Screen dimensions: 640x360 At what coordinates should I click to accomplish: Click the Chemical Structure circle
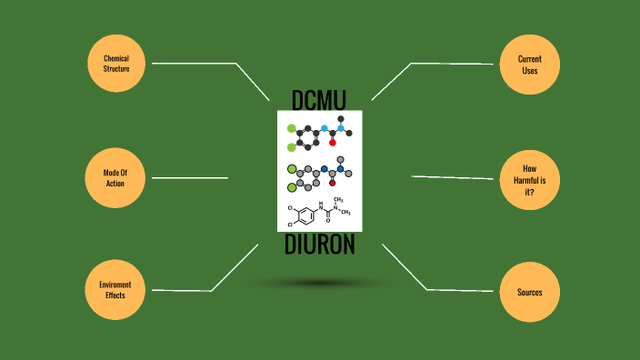116,64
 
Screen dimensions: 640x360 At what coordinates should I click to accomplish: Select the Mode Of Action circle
116,177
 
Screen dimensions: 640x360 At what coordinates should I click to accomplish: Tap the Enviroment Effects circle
116,290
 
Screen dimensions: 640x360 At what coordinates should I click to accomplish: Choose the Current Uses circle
529,64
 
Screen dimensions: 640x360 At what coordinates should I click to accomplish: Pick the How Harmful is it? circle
529,178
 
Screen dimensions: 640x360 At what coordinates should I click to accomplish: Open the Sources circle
529,292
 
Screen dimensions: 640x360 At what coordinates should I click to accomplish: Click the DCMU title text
319,98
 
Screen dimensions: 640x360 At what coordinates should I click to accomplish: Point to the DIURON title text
319,245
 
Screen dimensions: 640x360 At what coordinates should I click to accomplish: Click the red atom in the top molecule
333,143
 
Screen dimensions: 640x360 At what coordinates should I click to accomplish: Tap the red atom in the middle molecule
333,183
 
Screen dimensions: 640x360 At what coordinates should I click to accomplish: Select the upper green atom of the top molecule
292,128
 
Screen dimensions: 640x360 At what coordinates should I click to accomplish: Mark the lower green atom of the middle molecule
292,188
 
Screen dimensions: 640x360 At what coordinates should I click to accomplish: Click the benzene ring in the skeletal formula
308,215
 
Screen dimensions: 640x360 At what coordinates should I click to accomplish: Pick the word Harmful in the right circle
529,179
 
